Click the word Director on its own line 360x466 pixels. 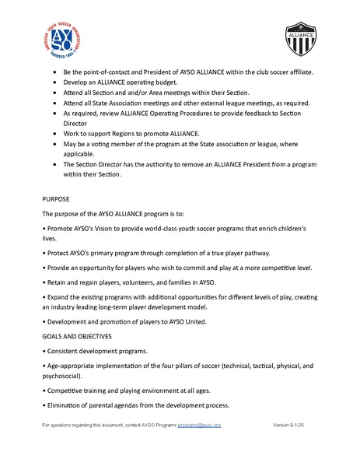[x=76, y=122]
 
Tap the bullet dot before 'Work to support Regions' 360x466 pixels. [x=54, y=132]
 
